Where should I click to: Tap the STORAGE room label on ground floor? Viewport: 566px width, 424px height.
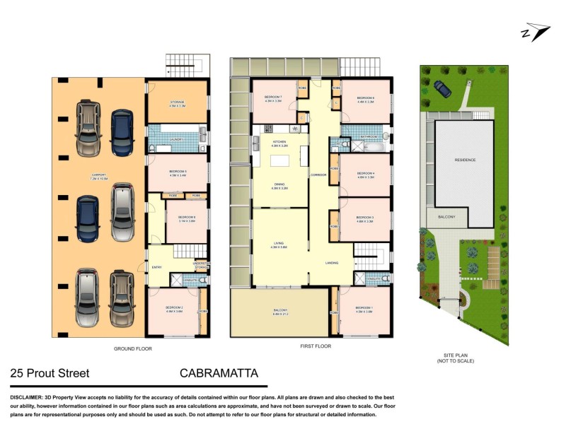coord(176,102)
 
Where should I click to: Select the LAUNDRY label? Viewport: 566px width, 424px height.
coord(176,139)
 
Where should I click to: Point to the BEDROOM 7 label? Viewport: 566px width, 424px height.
coord(273,97)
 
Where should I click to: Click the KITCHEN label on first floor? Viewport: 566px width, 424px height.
coord(279,143)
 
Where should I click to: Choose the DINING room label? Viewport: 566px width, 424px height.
coord(279,185)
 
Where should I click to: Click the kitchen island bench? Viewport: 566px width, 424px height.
coord(304,155)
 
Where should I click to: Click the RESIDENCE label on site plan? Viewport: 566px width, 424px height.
coord(465,160)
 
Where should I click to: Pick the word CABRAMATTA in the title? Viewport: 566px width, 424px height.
coord(219,373)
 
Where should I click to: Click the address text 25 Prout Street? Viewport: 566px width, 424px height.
coord(50,373)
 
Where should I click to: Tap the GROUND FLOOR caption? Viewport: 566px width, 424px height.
coord(133,348)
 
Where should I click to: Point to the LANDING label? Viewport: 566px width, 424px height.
coord(331,263)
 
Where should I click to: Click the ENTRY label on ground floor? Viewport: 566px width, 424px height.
coord(156,267)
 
